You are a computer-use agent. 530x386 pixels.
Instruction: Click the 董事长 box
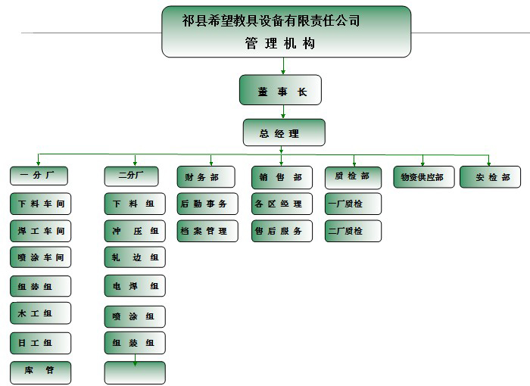click(x=280, y=90)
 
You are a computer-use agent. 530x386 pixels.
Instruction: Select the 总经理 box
click(x=284, y=132)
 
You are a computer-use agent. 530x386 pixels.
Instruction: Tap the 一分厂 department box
click(x=39, y=176)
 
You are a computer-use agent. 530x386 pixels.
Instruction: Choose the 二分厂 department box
click(x=134, y=176)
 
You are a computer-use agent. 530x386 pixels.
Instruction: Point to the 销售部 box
click(x=280, y=178)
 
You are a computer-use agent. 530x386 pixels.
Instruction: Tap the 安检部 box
click(x=490, y=178)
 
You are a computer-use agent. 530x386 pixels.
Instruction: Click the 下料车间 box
click(x=41, y=204)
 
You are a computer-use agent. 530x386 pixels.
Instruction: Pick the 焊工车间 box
click(x=41, y=231)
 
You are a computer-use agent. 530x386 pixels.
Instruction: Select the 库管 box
click(x=41, y=372)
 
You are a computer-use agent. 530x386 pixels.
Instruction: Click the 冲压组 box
click(x=135, y=231)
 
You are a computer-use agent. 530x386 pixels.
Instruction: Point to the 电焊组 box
click(x=135, y=286)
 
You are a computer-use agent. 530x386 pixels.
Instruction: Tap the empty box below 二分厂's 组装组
click(x=135, y=372)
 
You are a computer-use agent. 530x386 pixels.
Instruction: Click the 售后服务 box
click(x=280, y=231)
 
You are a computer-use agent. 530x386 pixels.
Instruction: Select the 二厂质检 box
click(x=353, y=231)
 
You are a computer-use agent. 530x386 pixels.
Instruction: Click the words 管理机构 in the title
click(x=279, y=44)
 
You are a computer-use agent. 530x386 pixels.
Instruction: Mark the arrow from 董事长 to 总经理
click(x=283, y=112)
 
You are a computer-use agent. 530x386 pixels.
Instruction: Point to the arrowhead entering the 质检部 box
click(x=354, y=163)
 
